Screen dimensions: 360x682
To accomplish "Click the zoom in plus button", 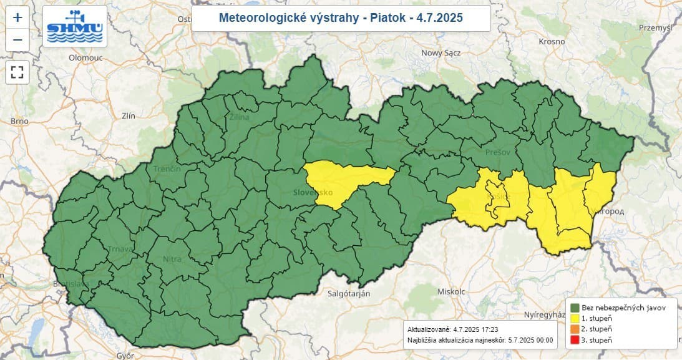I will (17, 17).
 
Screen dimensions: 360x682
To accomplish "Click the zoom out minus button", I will (17, 40).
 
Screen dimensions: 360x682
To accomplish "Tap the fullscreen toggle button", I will (17, 71).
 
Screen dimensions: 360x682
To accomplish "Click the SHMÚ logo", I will (74, 27).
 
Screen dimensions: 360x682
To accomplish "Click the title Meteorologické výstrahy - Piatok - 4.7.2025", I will (341, 17).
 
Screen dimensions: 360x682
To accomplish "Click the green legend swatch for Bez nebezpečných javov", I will (574, 308).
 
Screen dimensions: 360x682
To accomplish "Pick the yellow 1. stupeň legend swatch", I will (574, 318).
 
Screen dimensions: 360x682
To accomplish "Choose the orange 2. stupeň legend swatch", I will (574, 329).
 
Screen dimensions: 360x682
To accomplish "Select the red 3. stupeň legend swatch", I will (574, 339).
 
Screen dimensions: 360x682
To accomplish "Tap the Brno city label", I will (19, 121).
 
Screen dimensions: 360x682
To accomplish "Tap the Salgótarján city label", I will (349, 293).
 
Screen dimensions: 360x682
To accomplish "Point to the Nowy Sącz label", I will (441, 53).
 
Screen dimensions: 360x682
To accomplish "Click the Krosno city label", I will (551, 42).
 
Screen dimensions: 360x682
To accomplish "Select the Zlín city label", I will (129, 116).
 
